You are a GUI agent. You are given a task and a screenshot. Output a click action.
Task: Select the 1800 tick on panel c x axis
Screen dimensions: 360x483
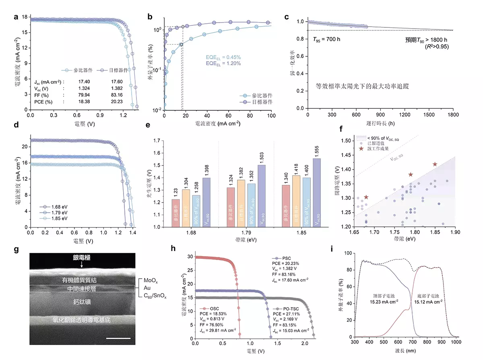tap(453, 114)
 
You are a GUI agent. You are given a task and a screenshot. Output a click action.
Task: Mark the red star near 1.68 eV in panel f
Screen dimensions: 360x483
tap(366, 197)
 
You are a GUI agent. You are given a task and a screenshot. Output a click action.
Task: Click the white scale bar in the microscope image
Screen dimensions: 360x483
tap(119, 338)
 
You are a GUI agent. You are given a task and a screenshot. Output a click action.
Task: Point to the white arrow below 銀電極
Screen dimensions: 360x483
tap(82, 264)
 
